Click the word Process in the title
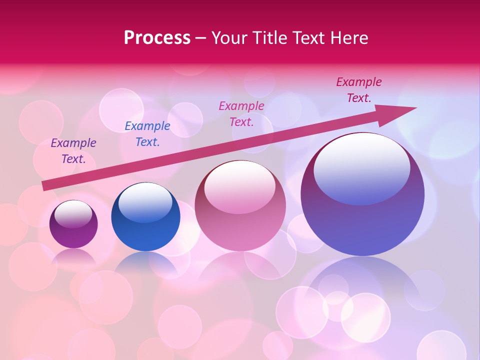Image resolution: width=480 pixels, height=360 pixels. click(157, 38)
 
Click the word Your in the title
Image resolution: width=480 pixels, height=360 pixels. click(228, 38)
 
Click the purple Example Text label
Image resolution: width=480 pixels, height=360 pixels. click(73, 151)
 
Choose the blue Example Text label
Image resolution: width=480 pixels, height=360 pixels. click(147, 134)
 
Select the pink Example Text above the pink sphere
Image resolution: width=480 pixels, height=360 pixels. click(241, 113)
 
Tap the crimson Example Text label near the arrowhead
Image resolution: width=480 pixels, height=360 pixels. click(359, 90)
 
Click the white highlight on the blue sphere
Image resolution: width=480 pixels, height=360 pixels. click(145, 202)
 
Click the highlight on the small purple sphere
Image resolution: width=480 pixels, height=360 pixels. click(73, 214)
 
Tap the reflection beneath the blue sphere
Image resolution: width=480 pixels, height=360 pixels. click(145, 262)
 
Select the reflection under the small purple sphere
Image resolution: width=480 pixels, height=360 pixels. click(73, 256)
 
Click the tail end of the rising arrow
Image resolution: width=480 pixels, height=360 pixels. click(46, 185)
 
